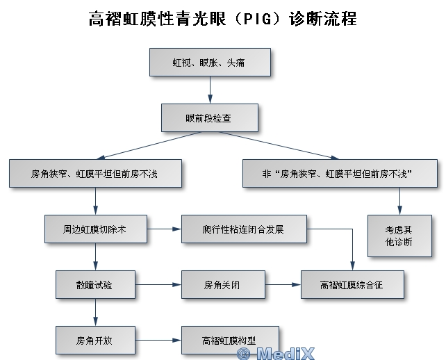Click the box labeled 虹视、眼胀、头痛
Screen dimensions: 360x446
tap(209, 63)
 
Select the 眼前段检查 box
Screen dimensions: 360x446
tap(209, 118)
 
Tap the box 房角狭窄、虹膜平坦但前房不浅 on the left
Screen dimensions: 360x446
tap(94, 173)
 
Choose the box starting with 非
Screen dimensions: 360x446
tap(340, 173)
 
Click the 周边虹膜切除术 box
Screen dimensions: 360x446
tap(94, 229)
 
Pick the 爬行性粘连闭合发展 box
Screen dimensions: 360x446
tap(243, 229)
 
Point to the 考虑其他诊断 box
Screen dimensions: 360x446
tap(399, 236)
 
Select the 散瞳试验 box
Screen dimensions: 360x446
tap(94, 284)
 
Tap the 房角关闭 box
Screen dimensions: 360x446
tap(224, 284)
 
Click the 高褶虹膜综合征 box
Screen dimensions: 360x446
tap(352, 284)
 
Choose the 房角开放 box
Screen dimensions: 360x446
tap(94, 341)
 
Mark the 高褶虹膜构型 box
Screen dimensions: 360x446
tap(229, 341)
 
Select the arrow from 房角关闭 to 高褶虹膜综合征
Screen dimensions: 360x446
tap(283, 284)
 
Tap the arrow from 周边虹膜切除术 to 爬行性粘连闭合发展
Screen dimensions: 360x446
tap(164, 229)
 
